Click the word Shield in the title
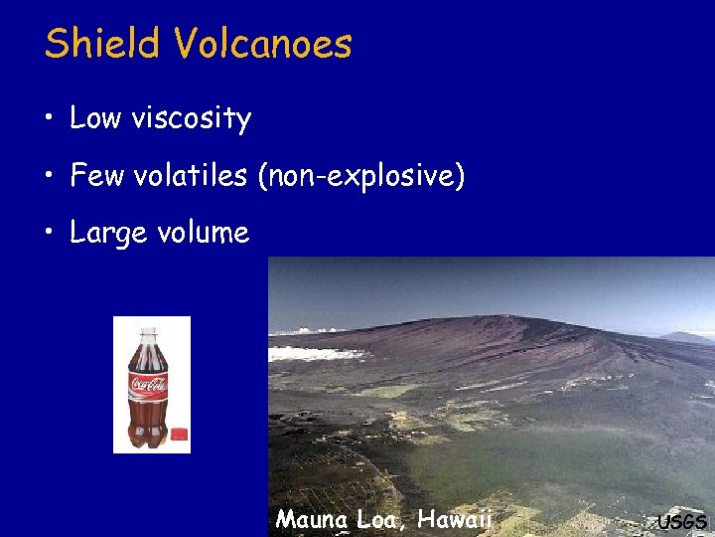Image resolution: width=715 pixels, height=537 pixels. [x=97, y=44]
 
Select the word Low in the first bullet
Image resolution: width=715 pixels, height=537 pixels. [x=95, y=118]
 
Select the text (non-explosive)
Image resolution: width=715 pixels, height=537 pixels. [x=360, y=177]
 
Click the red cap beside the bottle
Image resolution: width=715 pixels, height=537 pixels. [x=180, y=434]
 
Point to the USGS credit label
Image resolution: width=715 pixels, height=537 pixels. [x=682, y=521]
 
